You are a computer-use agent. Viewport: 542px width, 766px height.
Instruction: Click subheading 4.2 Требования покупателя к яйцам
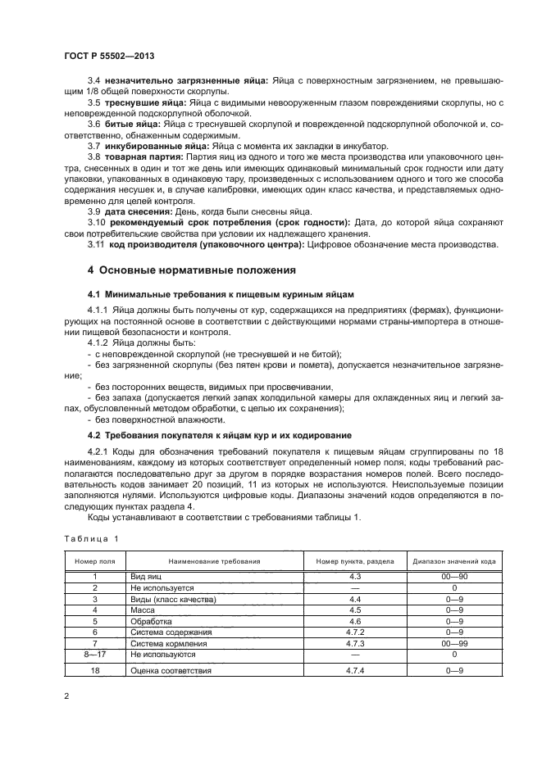point(208,434)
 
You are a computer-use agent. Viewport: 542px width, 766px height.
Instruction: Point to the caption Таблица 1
point(91,538)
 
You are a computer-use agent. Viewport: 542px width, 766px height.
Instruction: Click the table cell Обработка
point(149,622)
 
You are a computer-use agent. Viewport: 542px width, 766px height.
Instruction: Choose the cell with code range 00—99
point(453,644)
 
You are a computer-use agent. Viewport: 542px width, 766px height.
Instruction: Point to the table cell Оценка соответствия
point(171,671)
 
